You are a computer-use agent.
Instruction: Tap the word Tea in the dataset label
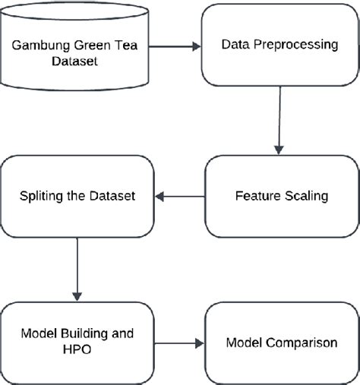134,45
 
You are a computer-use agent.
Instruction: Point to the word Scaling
305,196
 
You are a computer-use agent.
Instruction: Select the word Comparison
302,343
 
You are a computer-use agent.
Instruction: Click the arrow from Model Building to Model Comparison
178,343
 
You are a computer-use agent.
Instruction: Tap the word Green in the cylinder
94,45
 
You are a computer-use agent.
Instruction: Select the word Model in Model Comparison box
243,343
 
